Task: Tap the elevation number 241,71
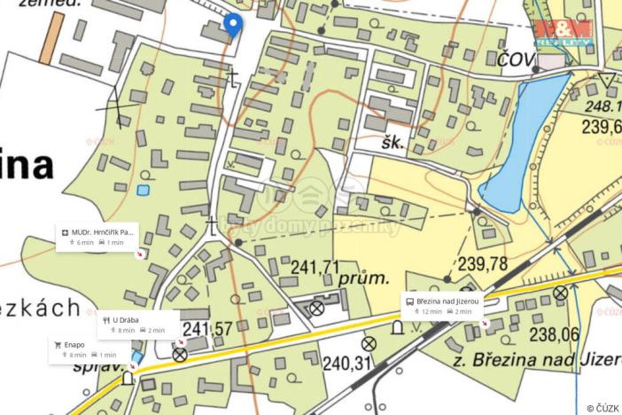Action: pyautogui.click(x=316, y=265)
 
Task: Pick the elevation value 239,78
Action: pyautogui.click(x=483, y=263)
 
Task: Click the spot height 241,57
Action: pyautogui.click(x=208, y=329)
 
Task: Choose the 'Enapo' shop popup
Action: pyautogui.click(x=85, y=349)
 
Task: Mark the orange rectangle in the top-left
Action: pyautogui.click(x=52, y=36)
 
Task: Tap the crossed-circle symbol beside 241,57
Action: pyautogui.click(x=180, y=355)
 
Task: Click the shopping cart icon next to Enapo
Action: pyautogui.click(x=58, y=345)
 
